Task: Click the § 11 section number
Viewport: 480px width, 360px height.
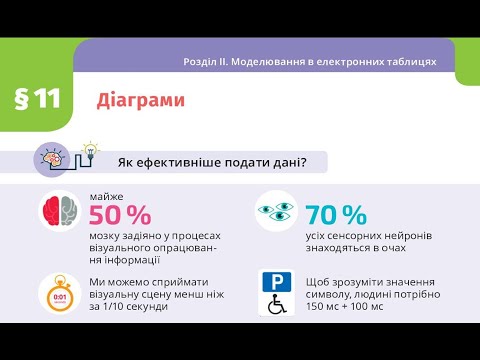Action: point(37,98)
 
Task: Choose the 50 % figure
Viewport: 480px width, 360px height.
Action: point(120,215)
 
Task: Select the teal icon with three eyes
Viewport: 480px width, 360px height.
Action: point(275,211)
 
